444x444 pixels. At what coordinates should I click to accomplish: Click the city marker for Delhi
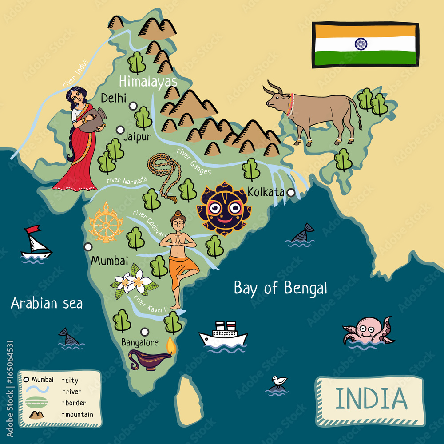coord(133,106)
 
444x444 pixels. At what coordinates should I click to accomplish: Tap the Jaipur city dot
coord(120,130)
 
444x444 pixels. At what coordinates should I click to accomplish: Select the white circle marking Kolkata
coord(291,193)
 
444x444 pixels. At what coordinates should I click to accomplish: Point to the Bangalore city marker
coord(144,331)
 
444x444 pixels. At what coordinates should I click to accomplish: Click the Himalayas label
coord(148,82)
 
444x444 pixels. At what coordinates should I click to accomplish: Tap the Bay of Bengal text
coord(280,289)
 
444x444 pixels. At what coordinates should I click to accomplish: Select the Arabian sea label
coord(47,303)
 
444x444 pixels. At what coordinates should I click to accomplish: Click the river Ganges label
coord(194,162)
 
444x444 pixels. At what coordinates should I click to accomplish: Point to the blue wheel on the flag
coord(361,44)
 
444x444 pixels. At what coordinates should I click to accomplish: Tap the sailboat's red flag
coord(32,230)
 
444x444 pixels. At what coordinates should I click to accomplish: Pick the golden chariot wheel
coord(106,223)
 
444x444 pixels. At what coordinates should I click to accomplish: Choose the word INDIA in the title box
coord(371,398)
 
